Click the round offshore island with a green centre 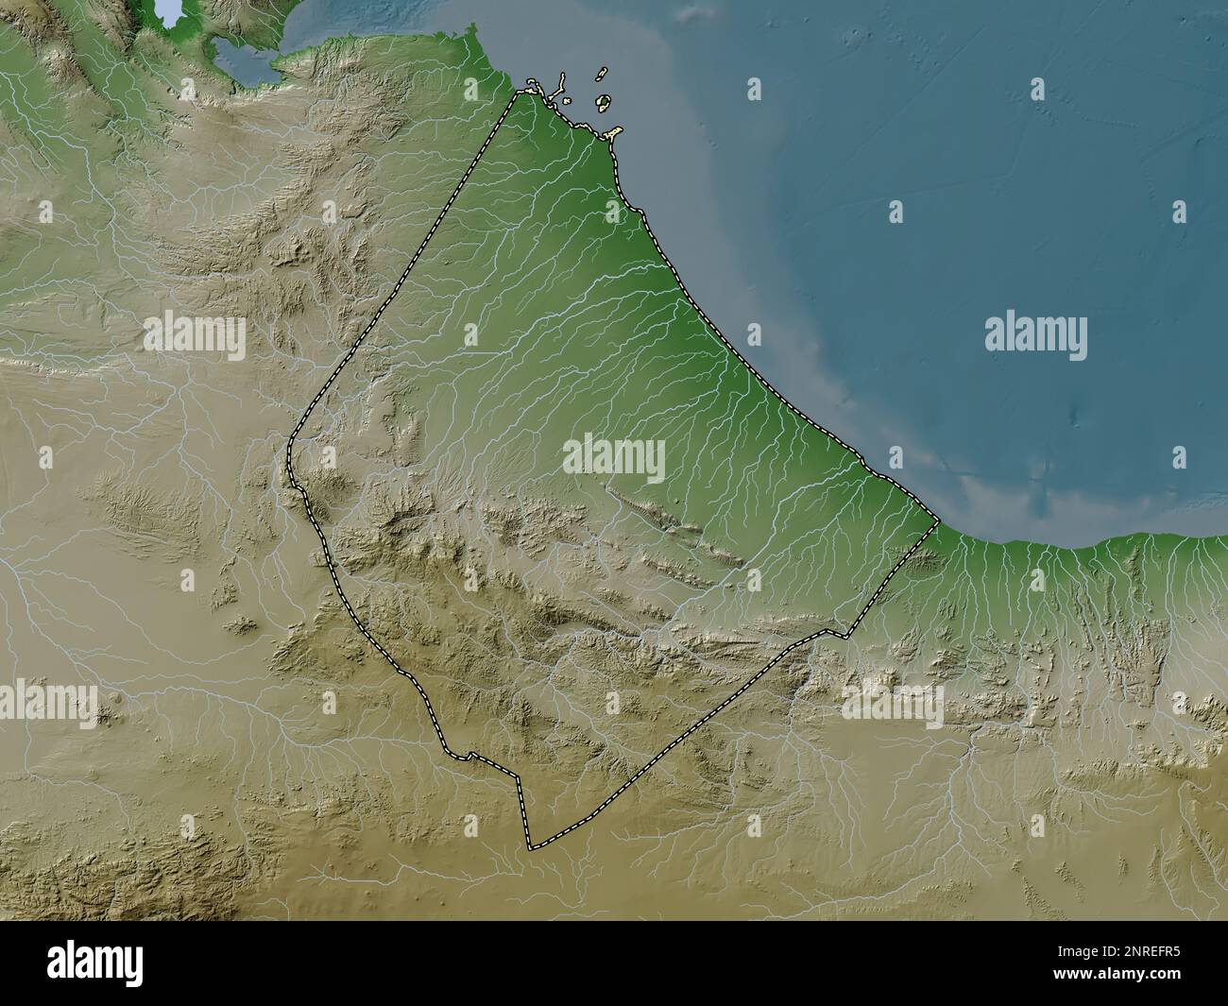pyautogui.click(x=602, y=101)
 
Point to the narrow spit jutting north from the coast pyautogui.click(x=561, y=79)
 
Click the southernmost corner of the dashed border pyautogui.click(x=531, y=847)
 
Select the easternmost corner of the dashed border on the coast pyautogui.click(x=937, y=520)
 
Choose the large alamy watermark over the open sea pyautogui.click(x=1035, y=335)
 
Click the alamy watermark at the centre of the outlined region pyautogui.click(x=614, y=458)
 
